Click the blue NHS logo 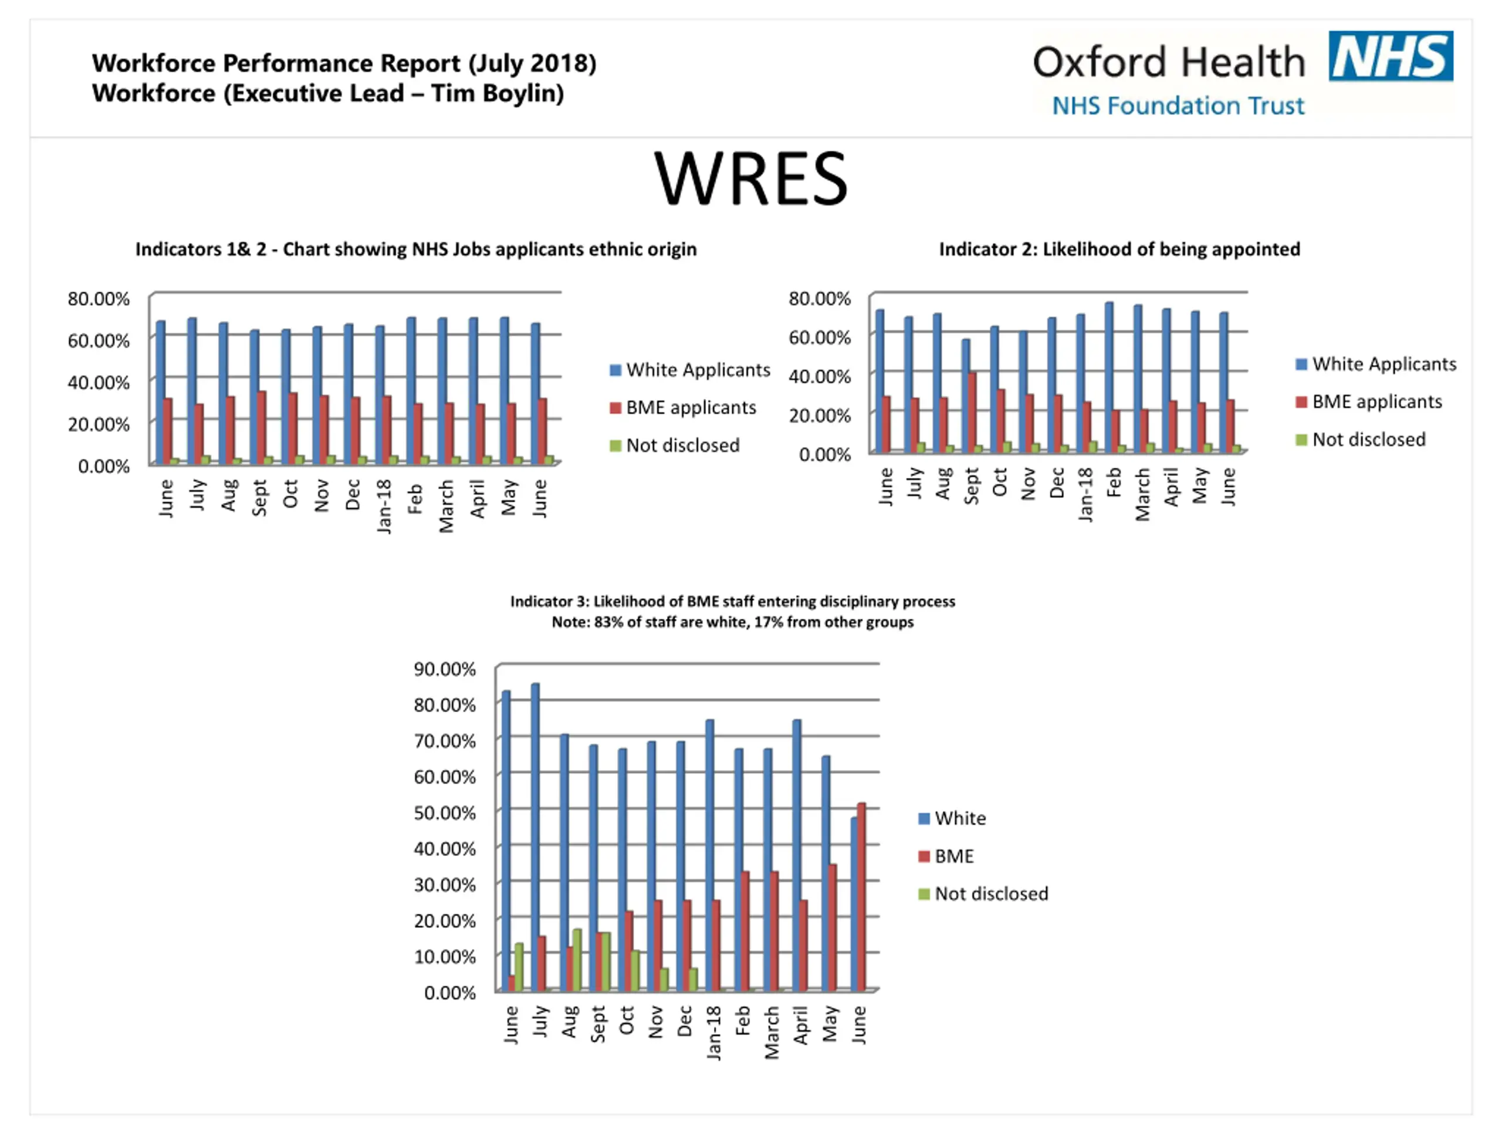(x=1390, y=56)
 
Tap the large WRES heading (x=750, y=178)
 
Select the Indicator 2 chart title (x=1119, y=249)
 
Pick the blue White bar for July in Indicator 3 (x=535, y=836)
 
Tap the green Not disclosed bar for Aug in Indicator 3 (x=577, y=959)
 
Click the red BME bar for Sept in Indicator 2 (x=972, y=411)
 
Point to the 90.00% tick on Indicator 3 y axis (x=445, y=669)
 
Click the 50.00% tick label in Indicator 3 (x=445, y=813)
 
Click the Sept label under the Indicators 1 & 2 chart (x=259, y=497)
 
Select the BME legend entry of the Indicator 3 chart (x=953, y=856)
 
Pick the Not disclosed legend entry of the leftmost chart (x=682, y=446)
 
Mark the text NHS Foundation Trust (x=1178, y=106)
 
